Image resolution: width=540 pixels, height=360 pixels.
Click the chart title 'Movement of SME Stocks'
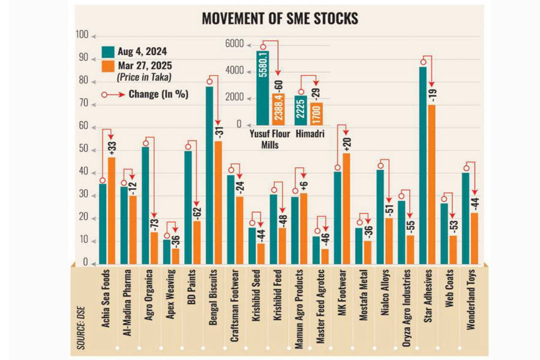point(280,19)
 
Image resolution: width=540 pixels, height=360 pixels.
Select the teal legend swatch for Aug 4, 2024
point(108,52)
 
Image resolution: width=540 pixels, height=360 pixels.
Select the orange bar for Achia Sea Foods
point(112,210)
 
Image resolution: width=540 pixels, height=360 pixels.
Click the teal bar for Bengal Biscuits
point(209,175)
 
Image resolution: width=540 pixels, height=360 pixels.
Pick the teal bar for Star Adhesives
point(423,165)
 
